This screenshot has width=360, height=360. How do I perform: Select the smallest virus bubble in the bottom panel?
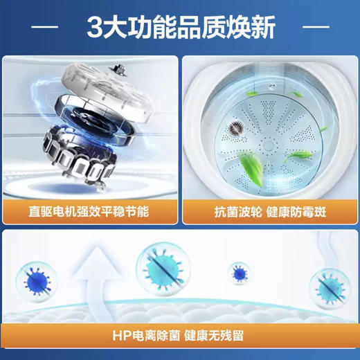(240, 272)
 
